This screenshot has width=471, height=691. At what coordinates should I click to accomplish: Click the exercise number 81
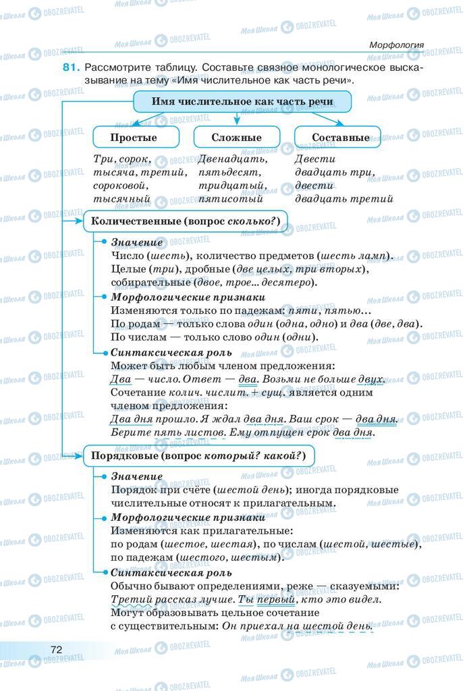72,67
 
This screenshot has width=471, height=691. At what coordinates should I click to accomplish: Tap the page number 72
57,648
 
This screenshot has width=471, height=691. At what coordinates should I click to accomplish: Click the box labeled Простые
134,137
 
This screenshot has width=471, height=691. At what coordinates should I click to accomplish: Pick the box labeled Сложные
236,137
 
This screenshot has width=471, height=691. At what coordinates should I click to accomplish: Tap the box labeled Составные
341,137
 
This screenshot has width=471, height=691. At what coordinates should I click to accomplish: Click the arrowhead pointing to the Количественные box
78,221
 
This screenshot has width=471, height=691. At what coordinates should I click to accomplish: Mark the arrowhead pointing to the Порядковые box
78,456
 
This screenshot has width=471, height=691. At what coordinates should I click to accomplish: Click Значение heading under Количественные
137,242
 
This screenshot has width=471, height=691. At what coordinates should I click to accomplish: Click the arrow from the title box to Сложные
236,119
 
